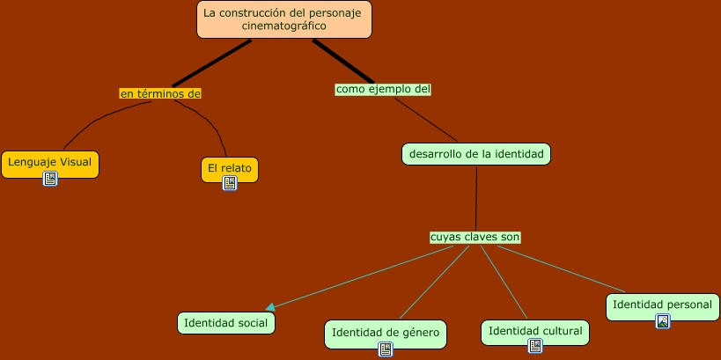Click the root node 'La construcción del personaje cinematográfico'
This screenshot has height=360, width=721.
tap(283, 19)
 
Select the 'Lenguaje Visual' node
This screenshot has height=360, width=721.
tap(49, 163)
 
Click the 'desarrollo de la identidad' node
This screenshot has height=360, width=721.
tap(476, 154)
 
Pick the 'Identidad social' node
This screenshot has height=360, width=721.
tap(226, 323)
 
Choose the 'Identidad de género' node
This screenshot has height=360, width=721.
tap(385, 332)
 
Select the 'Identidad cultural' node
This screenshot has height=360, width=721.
tap(534, 331)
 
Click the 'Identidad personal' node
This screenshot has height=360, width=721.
tap(662, 305)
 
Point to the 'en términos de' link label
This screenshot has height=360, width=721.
tap(161, 92)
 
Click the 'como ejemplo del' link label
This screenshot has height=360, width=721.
tap(383, 89)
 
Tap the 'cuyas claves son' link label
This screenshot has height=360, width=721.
tap(475, 237)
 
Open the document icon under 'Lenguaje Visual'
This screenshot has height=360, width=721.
tap(50, 179)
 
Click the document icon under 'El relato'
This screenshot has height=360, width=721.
tap(230, 183)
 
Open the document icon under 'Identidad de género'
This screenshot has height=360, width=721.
tap(385, 349)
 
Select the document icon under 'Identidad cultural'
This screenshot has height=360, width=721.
tap(534, 346)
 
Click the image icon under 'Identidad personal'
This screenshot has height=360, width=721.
tap(662, 320)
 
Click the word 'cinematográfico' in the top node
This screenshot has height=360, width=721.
tap(283, 26)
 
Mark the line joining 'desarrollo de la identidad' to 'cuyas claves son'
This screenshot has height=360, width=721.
tap(476, 198)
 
